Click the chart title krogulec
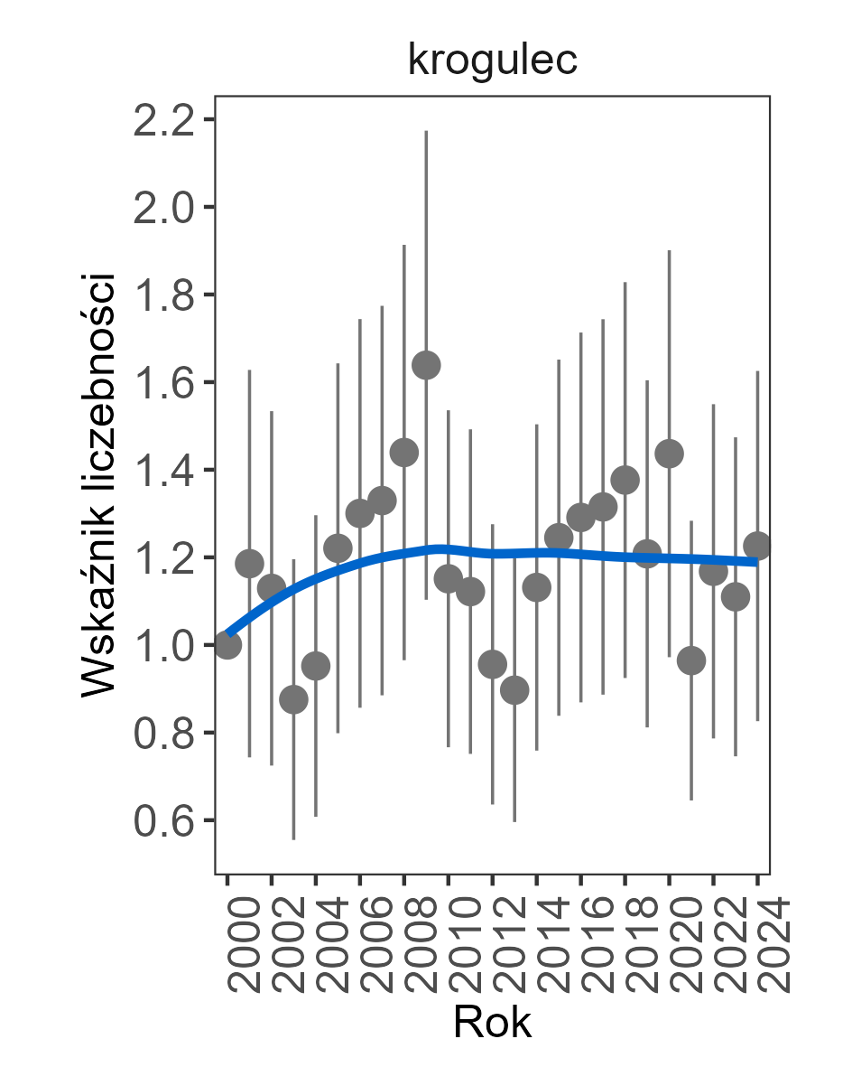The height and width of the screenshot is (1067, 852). coord(492,61)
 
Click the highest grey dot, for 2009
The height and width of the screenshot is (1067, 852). coord(426,365)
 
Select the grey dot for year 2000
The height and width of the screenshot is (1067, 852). coord(227,645)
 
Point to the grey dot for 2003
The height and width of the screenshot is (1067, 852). coord(293,699)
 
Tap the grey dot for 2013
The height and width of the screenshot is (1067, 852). coord(514,690)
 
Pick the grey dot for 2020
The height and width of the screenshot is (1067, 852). coord(669,454)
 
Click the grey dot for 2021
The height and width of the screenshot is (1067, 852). coord(691,660)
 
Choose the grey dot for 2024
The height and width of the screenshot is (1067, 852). coord(757,546)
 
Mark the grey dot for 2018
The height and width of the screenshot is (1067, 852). coord(625,480)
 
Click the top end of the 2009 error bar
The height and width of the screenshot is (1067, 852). coord(426,132)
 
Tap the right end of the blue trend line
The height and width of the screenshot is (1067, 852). coord(756,562)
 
